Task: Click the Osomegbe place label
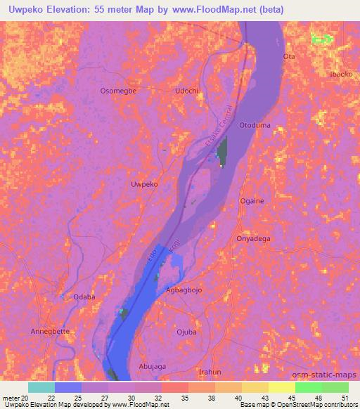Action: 117,91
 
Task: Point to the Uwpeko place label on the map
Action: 145,183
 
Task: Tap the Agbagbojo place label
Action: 186,290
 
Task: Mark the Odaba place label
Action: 84,297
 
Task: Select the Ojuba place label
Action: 186,332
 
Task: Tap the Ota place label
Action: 288,56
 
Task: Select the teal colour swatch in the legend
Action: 41,387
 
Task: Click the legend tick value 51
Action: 344,398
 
